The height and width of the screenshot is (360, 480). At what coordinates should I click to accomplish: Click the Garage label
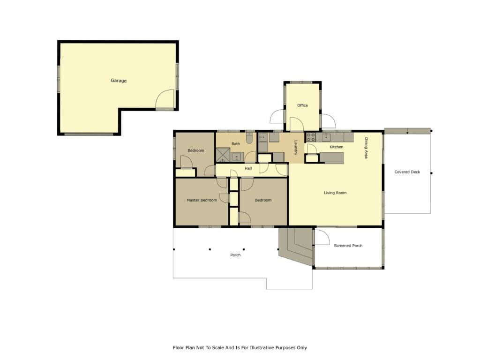(119, 81)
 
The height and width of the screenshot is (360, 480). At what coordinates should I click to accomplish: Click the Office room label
(302, 105)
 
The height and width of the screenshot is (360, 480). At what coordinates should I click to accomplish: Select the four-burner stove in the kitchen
(311, 137)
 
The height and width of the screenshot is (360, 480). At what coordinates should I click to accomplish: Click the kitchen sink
(326, 137)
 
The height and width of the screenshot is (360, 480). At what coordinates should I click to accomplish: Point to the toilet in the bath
(249, 138)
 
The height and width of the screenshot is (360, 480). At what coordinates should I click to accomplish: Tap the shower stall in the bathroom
(223, 155)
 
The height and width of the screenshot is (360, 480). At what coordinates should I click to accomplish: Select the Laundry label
(296, 148)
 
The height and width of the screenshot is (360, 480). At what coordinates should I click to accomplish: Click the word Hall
(248, 168)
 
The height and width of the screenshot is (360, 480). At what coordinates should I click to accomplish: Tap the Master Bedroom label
(202, 200)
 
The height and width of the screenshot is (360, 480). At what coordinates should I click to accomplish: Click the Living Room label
(335, 193)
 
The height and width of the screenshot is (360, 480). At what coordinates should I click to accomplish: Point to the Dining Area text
(366, 148)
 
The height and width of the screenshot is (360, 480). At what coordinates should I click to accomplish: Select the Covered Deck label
(407, 172)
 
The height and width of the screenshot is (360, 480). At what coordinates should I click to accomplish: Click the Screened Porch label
(348, 246)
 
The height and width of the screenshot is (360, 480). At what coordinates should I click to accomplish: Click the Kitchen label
(337, 147)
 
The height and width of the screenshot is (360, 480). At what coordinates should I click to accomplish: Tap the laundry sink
(263, 137)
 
